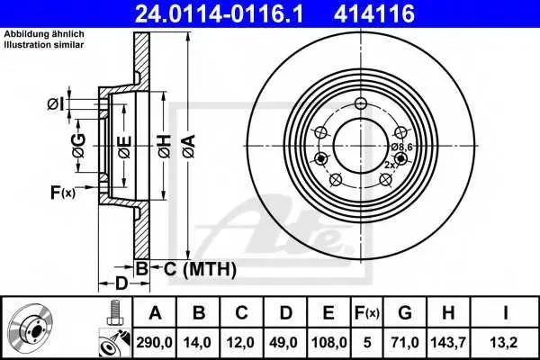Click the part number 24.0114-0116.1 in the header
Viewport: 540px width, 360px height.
219,13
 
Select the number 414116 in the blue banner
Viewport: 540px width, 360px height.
374,13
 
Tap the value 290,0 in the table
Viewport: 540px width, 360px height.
154,342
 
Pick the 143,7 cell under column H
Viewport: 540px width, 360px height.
448,342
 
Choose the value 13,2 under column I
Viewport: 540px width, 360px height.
505,342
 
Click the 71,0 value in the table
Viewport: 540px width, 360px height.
405,342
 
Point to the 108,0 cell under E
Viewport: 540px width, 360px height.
328,342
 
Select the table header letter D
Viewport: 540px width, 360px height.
285,313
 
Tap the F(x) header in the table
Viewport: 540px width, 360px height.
367,313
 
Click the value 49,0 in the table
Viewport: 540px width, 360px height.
285,342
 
